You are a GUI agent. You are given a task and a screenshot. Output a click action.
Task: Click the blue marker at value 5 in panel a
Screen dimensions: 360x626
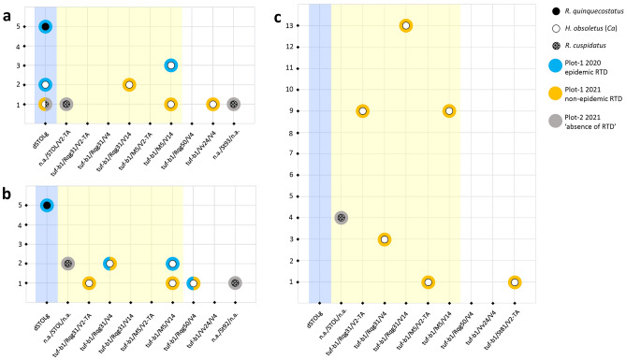click(x=46, y=26)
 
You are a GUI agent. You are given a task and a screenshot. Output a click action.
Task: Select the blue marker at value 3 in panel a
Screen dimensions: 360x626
click(x=170, y=65)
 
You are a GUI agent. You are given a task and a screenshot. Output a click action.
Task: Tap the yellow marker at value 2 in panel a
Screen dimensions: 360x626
click(x=129, y=85)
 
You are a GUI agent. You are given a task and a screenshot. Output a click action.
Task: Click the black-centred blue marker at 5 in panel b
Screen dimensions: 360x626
click(x=46, y=205)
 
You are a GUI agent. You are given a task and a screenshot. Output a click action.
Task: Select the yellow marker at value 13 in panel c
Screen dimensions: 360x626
click(x=406, y=25)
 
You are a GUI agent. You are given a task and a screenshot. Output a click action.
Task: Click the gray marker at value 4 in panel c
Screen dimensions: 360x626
click(x=342, y=218)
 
